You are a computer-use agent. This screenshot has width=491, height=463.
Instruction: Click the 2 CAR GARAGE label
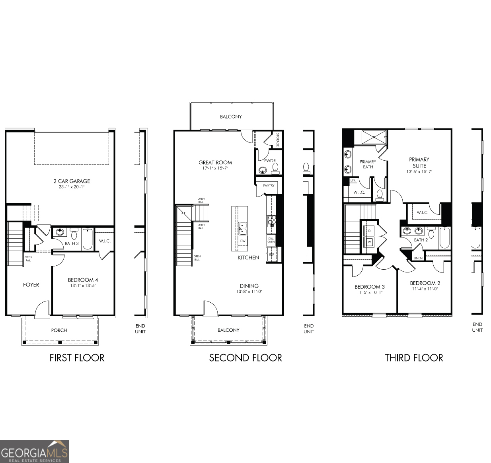[x=72, y=181]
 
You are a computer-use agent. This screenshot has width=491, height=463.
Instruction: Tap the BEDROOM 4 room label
[x=83, y=280]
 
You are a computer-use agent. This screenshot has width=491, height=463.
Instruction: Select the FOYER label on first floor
[x=31, y=285]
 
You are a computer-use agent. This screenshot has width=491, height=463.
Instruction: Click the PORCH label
[x=59, y=331]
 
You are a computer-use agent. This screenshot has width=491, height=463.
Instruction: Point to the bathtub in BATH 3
[x=88, y=239]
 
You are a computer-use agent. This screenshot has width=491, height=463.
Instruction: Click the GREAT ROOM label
[x=215, y=162]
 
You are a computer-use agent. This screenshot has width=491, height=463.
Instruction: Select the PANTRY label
[x=269, y=185]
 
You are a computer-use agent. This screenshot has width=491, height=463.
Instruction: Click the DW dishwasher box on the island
[x=242, y=241]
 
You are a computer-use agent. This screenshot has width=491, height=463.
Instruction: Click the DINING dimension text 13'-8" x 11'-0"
[x=249, y=292]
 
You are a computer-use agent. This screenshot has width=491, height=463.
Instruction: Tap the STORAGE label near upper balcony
[x=277, y=140]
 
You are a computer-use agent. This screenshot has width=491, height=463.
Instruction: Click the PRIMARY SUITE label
[x=419, y=162]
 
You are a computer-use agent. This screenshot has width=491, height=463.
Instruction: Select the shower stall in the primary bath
[x=374, y=138]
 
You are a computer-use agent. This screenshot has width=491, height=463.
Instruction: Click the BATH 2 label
[x=421, y=240]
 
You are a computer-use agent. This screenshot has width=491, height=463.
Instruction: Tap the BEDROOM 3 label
[x=369, y=287]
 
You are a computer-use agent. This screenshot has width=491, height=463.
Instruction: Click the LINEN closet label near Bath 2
[x=418, y=258]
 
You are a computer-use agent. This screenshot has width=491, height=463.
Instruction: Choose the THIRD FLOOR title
[x=414, y=358]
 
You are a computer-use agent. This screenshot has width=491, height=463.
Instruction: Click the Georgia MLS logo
[x=35, y=451]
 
